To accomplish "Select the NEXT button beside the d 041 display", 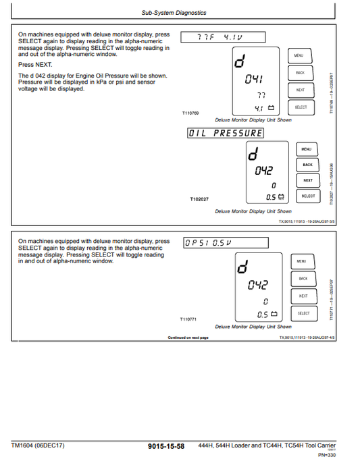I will [301, 90].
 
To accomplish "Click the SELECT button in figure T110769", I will [301, 107].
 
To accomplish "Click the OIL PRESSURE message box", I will [225, 133].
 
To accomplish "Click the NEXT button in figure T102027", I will [307, 180].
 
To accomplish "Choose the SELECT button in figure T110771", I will [303, 313].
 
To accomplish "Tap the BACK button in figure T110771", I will [303, 279].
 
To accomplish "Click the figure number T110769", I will [191, 113].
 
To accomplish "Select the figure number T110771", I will [188, 319].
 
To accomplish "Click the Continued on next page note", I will [188, 337].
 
